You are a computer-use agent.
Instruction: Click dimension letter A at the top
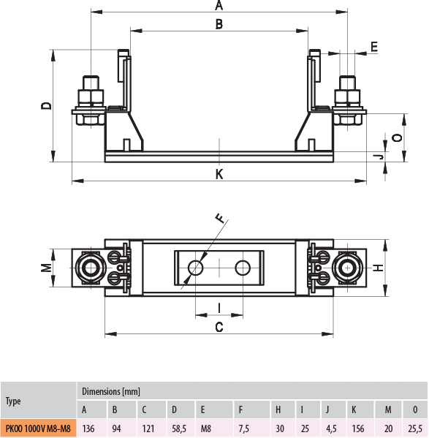point(219,5)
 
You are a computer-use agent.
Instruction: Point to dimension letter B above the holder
point(219,23)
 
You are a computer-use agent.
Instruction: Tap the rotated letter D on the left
point(46,106)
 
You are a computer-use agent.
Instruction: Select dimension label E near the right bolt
point(374,47)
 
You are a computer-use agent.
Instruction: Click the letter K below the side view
point(219,174)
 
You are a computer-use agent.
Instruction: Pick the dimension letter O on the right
point(397,137)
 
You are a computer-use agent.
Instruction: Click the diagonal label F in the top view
point(221,218)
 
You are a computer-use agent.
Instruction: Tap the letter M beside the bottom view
point(46,268)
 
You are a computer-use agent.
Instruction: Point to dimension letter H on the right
point(378,268)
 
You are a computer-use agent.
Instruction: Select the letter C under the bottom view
point(219,327)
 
